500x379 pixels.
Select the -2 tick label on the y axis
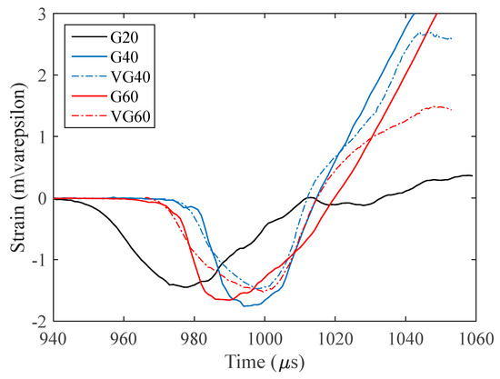(38, 321)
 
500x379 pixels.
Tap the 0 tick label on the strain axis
(42, 198)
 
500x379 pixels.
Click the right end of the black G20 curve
(472, 175)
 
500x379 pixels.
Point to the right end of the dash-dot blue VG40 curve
(452, 39)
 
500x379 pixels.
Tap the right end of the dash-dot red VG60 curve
(452, 109)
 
